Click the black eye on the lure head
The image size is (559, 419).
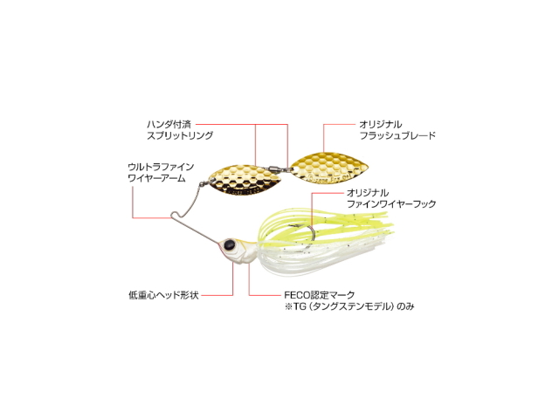pyautogui.click(x=229, y=244)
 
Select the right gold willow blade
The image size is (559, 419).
pyautogui.click(x=330, y=168)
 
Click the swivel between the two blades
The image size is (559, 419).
pyautogui.click(x=276, y=167)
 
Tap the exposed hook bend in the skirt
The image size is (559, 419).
pyautogui.click(x=311, y=234)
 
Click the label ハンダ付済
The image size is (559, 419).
pyautogui.click(x=169, y=125)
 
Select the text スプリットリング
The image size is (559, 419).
pyautogui.click(x=180, y=136)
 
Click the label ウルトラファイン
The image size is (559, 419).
pyautogui.click(x=161, y=167)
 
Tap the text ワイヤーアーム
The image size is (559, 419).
pyautogui.click(x=156, y=178)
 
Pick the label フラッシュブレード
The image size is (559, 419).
pyautogui.click(x=397, y=136)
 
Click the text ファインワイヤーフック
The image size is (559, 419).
pyautogui.click(x=391, y=204)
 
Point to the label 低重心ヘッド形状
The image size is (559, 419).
pyautogui.click(x=163, y=295)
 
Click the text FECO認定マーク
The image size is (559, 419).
pyautogui.click(x=320, y=295)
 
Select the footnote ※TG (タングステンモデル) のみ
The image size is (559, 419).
pyautogui.click(x=349, y=306)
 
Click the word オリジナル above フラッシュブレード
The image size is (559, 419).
pyautogui.click(x=381, y=125)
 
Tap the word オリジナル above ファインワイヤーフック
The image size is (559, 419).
pyautogui.click(x=368, y=193)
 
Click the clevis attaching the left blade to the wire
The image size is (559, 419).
pyautogui.click(x=204, y=184)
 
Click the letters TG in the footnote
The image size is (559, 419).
pyautogui.click(x=300, y=306)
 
